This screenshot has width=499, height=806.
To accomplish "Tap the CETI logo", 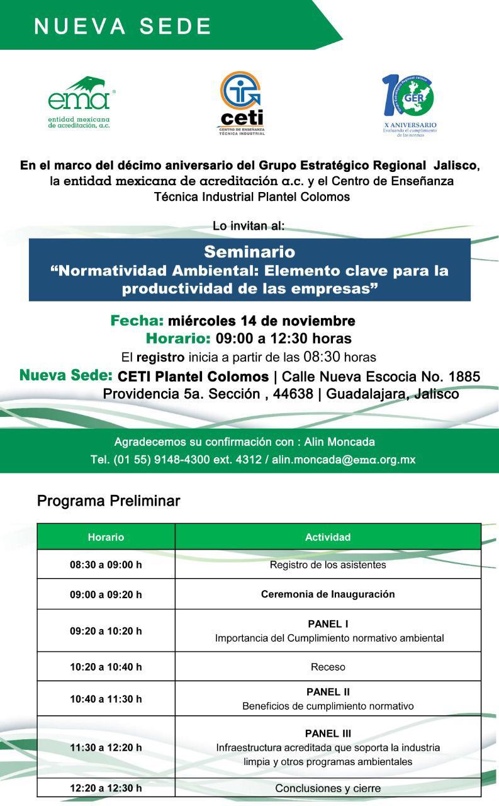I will (x=242, y=103).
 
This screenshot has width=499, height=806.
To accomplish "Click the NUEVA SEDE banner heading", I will (x=123, y=26).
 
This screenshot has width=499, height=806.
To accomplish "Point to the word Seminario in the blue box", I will (x=249, y=251).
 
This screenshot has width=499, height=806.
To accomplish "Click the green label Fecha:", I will (x=137, y=321).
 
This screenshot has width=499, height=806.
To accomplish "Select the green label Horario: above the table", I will (x=178, y=339).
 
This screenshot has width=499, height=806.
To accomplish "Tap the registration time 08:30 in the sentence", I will (x=322, y=357).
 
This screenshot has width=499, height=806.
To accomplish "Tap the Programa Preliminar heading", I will (x=108, y=501).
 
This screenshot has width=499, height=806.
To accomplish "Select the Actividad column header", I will (x=328, y=537).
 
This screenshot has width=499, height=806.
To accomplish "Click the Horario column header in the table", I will (x=106, y=537).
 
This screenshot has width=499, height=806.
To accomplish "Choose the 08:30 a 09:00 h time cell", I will (x=106, y=565).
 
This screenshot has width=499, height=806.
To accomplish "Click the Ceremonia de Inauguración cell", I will (x=328, y=594).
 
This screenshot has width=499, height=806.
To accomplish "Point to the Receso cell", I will (x=328, y=667).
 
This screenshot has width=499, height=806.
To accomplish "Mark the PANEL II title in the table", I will (x=328, y=691).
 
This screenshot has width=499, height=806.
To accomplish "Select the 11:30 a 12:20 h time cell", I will (x=106, y=747).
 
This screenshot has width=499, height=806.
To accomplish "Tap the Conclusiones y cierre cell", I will (x=328, y=788).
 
